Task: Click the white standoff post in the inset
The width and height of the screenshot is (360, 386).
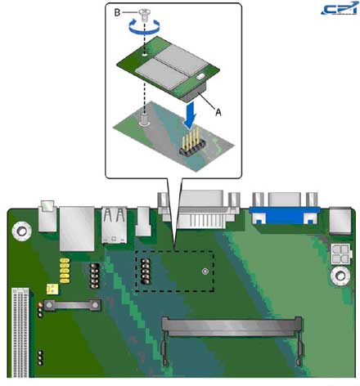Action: point(146,121)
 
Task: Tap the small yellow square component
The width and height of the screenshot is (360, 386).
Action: point(52,289)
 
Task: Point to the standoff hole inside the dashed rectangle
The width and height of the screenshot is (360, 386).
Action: point(205,270)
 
